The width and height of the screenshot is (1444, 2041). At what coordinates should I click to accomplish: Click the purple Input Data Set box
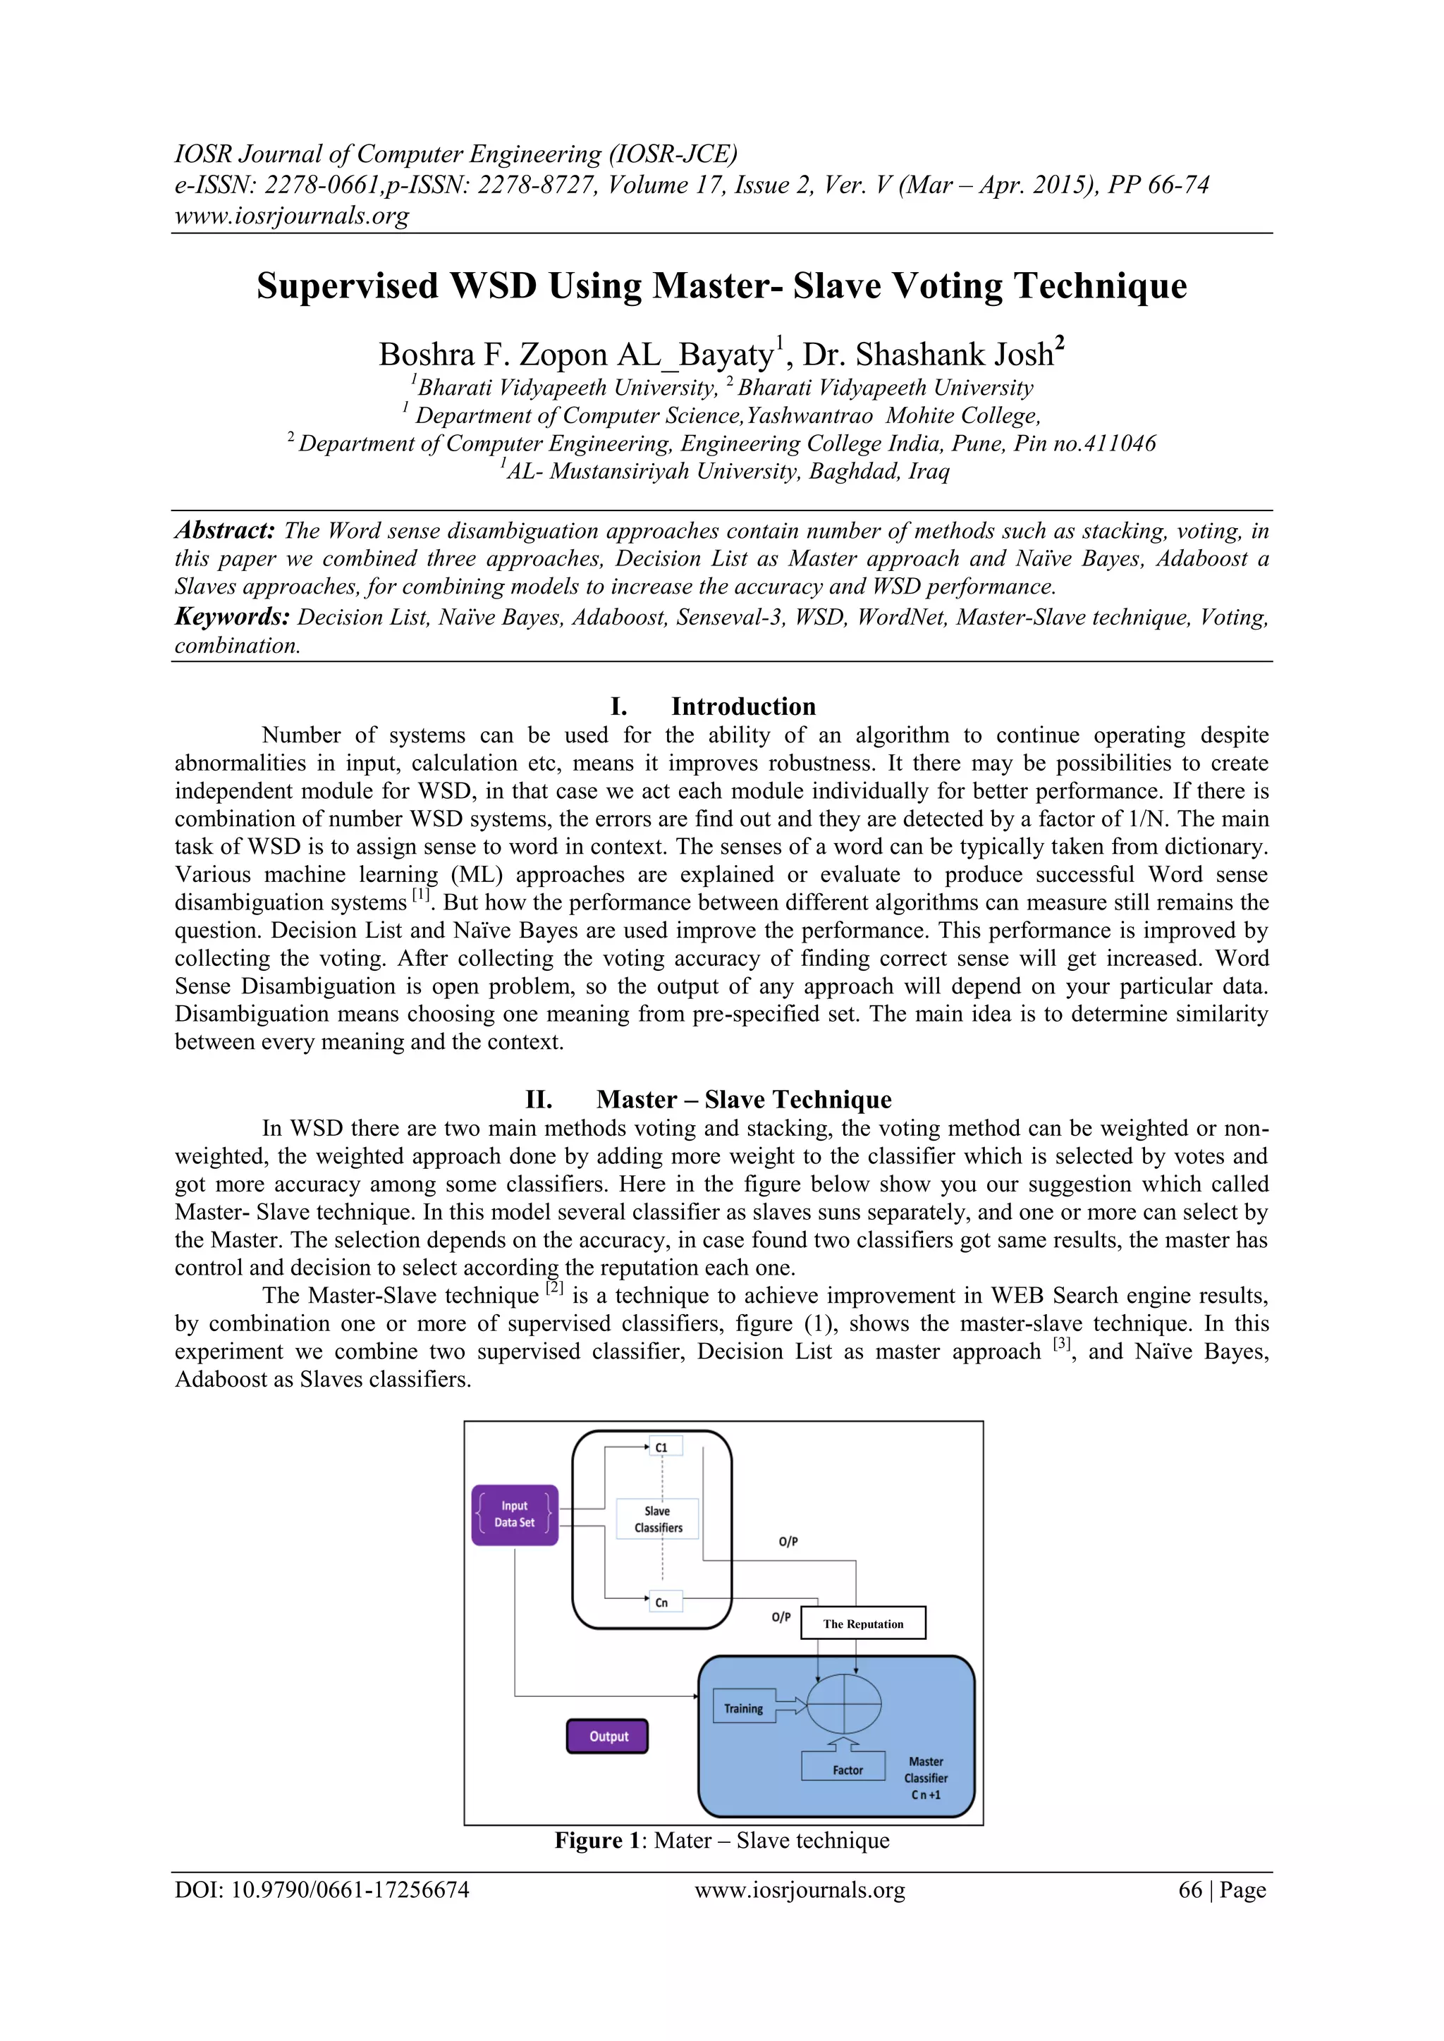[x=515, y=1515]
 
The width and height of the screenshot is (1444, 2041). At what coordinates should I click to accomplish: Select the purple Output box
[x=608, y=1736]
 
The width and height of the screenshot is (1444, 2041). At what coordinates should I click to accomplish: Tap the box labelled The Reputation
[x=862, y=1623]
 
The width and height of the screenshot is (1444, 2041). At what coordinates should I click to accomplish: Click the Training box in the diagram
[x=743, y=1708]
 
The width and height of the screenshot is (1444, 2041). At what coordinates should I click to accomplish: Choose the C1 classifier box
[x=661, y=1447]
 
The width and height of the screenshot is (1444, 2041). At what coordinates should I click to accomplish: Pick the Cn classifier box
[x=661, y=1602]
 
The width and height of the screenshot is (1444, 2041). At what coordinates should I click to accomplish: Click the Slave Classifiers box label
[x=658, y=1519]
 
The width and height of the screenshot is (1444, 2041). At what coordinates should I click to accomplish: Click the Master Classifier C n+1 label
[x=926, y=1778]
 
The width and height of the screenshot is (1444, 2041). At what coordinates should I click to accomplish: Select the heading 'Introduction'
[x=742, y=706]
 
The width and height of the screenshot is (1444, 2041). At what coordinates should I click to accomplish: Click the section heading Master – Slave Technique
[x=743, y=1100]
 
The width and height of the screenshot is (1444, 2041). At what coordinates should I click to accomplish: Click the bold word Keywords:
[x=232, y=617]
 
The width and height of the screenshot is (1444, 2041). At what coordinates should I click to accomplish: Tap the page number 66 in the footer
[x=1189, y=1890]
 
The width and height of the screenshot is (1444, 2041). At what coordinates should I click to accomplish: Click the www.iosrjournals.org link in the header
[x=292, y=215]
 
